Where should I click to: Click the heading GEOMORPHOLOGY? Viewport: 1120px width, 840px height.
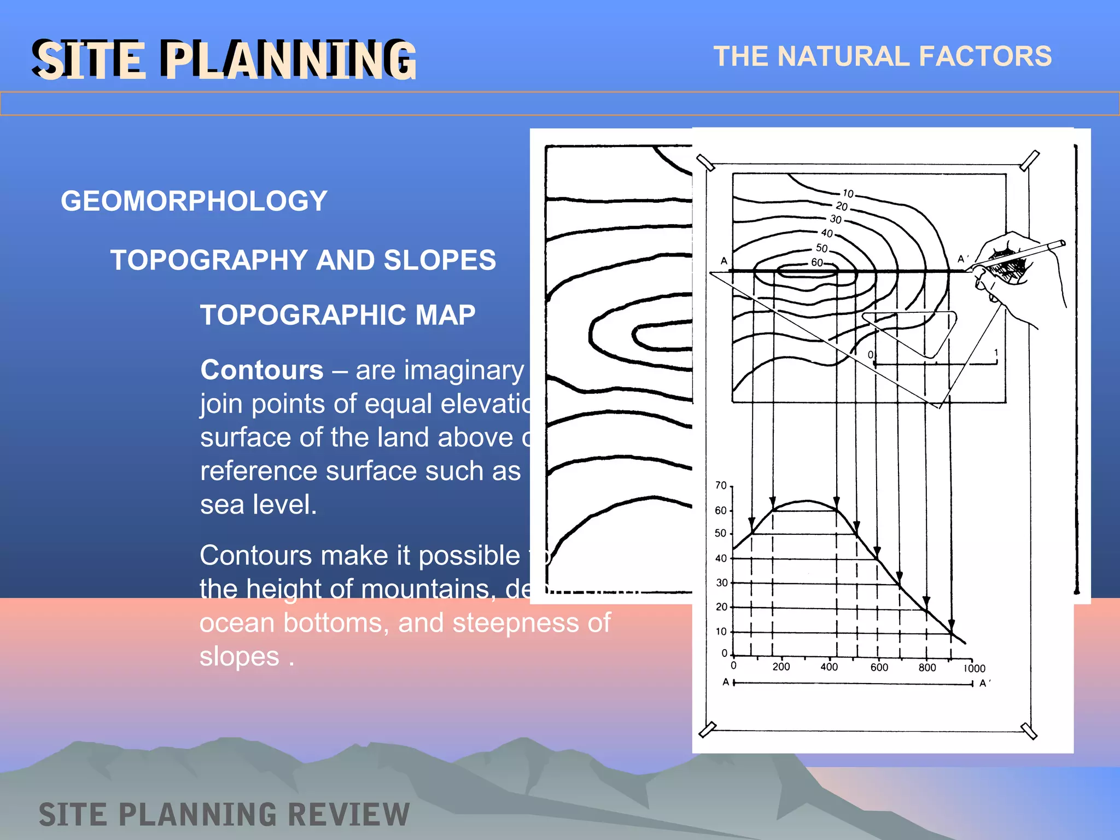coord(194,201)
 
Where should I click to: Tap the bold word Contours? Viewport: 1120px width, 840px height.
coord(262,370)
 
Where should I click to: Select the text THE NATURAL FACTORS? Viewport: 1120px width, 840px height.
coord(882,56)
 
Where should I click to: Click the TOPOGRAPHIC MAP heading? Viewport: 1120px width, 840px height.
coord(337,315)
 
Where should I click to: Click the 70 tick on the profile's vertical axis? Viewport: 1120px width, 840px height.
coord(721,486)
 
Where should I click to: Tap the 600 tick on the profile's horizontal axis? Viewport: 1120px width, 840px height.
coord(879,667)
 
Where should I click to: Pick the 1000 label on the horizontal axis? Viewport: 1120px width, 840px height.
coord(975,668)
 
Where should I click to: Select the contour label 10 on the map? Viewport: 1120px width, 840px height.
coord(848,193)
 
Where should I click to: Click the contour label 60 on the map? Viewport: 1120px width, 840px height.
coord(816,262)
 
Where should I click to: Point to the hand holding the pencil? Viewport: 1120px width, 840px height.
coord(1012,268)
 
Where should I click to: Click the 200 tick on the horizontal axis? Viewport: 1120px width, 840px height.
coord(781,667)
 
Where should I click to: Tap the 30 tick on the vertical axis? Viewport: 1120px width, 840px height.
coord(722,583)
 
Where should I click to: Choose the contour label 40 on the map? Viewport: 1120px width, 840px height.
coord(827,233)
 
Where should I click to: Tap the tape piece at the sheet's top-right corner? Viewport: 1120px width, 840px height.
coord(1029,160)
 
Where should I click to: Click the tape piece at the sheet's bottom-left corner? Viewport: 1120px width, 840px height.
coord(707,730)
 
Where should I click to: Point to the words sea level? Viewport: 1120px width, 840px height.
coord(258,504)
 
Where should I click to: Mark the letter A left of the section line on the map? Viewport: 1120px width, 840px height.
coord(724,261)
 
